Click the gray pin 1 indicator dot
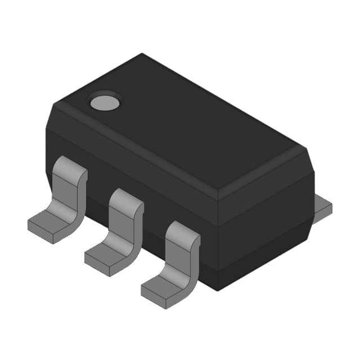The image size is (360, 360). point(105,102)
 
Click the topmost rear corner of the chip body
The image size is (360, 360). point(142,54)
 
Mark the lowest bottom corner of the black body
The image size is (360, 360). point(217,290)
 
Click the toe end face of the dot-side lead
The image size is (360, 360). point(40,235)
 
